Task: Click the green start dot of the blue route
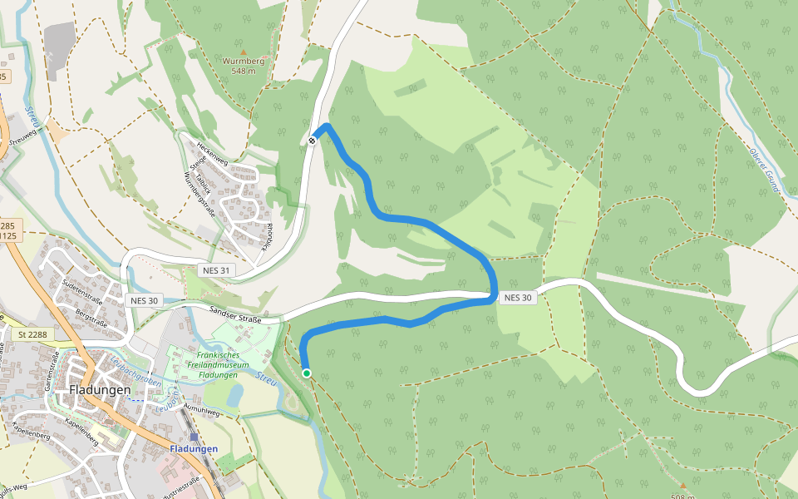click(x=307, y=373)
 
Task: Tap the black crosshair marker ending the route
click(x=313, y=141)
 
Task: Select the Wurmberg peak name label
click(x=243, y=61)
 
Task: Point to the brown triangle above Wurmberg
click(x=243, y=51)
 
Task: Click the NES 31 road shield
click(x=215, y=270)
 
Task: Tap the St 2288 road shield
click(x=32, y=333)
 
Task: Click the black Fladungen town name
click(x=100, y=389)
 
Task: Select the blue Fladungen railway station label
click(x=194, y=449)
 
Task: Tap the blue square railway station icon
click(x=194, y=437)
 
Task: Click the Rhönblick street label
click(x=265, y=236)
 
